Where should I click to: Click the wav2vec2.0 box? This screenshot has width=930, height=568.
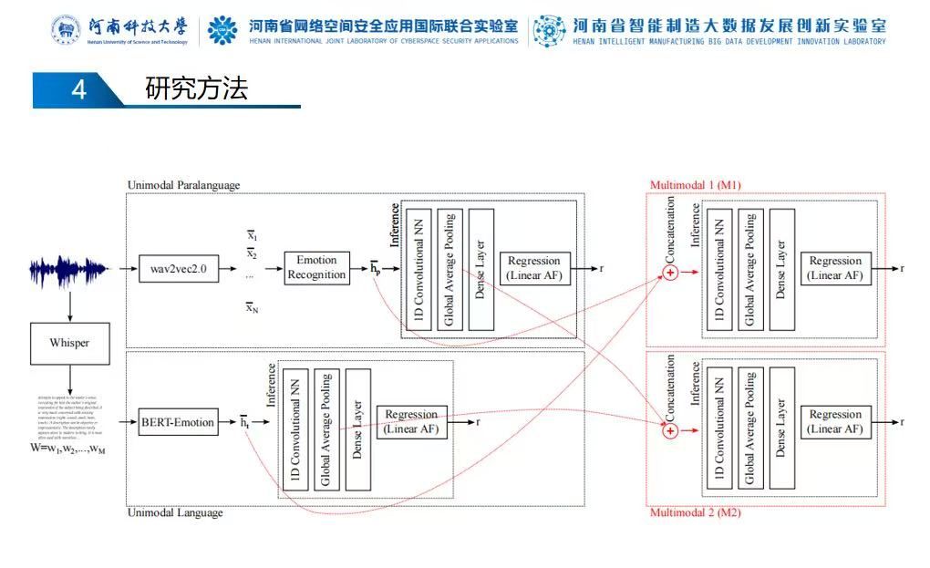point(179,269)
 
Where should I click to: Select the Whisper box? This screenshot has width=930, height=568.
point(69,344)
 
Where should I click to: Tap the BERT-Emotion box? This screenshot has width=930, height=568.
point(178,422)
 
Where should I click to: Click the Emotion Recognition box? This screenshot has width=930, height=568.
point(316,268)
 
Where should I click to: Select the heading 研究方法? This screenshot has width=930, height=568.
point(196,89)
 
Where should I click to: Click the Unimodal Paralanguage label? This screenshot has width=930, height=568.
point(183,185)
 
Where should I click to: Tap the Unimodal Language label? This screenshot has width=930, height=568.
point(174,513)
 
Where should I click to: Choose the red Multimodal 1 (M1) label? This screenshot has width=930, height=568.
point(695,185)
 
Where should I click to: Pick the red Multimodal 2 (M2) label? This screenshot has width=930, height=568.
point(695,513)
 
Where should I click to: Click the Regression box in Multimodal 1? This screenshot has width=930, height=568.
point(835,268)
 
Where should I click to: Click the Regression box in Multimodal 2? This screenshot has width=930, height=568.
point(835,421)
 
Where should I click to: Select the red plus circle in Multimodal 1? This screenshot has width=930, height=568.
point(670,273)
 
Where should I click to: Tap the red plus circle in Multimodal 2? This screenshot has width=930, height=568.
point(670,427)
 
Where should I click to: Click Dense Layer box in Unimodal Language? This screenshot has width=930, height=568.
point(357,429)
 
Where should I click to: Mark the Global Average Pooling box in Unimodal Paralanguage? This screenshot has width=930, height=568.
point(449,270)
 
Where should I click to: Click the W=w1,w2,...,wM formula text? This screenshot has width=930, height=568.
point(67,449)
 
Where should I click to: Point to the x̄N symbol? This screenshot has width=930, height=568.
point(253,307)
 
